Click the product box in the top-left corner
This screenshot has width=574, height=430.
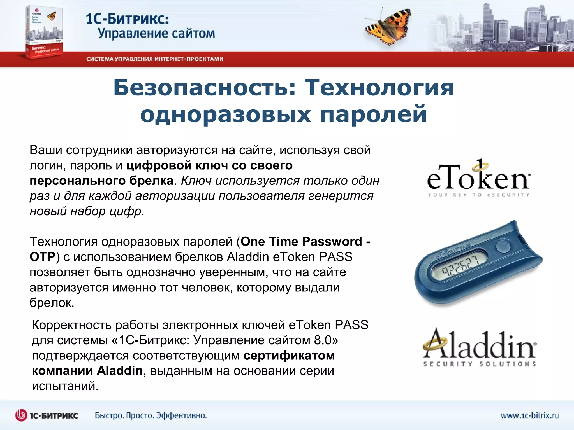point(44,32)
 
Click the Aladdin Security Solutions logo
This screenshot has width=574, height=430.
point(479,347)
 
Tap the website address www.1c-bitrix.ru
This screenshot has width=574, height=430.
point(529,415)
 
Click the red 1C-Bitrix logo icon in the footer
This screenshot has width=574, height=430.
point(21,415)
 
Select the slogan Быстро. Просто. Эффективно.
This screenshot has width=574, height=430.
point(151,415)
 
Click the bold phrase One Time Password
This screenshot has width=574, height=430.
point(301,241)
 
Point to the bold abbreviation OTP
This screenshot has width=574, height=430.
point(42,257)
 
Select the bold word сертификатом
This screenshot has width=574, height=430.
point(289,356)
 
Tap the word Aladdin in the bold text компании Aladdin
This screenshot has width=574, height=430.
point(120,371)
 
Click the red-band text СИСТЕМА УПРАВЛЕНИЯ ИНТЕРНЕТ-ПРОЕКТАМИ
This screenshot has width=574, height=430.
point(155,59)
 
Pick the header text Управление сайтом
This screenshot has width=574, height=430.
point(156,34)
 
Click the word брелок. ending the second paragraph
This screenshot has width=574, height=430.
point(52,303)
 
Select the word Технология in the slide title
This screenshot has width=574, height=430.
point(379,88)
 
